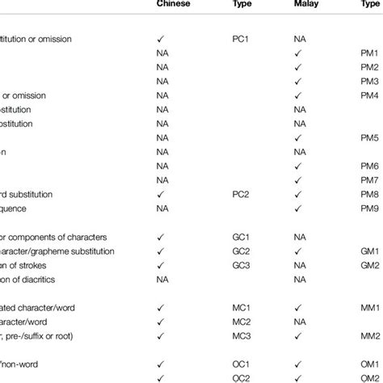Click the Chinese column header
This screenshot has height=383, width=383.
175,5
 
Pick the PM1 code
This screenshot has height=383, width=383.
370,53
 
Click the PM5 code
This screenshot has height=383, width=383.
370,137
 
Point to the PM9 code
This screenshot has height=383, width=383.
370,208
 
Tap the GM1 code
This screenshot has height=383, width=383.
370,250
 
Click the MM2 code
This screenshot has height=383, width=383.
370,335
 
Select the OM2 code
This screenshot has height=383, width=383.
370,377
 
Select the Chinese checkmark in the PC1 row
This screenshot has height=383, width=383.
159,38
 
